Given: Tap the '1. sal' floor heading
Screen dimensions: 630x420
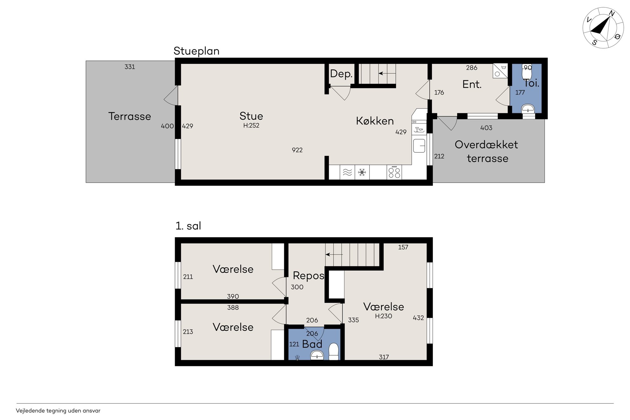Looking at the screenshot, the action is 188,226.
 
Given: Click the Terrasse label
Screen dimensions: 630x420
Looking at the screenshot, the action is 130,116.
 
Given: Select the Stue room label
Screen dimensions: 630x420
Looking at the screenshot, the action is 251,116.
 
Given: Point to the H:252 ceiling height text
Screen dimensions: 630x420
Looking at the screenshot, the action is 251,125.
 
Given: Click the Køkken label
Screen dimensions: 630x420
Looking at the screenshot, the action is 375,121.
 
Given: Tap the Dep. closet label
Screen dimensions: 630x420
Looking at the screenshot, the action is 341,74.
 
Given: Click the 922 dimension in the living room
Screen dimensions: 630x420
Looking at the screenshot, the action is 297,150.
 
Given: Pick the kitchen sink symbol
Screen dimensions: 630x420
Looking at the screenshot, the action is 419,146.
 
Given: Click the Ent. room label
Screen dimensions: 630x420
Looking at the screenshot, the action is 472,84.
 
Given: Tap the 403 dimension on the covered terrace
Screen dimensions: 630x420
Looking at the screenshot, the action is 486,128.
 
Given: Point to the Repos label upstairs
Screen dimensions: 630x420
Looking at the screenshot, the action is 308,276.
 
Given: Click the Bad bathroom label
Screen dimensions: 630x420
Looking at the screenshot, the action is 312,344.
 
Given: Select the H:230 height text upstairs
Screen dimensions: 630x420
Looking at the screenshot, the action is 384,316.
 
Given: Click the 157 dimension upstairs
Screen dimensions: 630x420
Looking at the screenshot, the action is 403,247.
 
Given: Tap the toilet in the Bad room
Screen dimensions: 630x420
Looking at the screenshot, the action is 333,352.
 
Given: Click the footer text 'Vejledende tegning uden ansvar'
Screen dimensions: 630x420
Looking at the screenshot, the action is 58,411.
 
